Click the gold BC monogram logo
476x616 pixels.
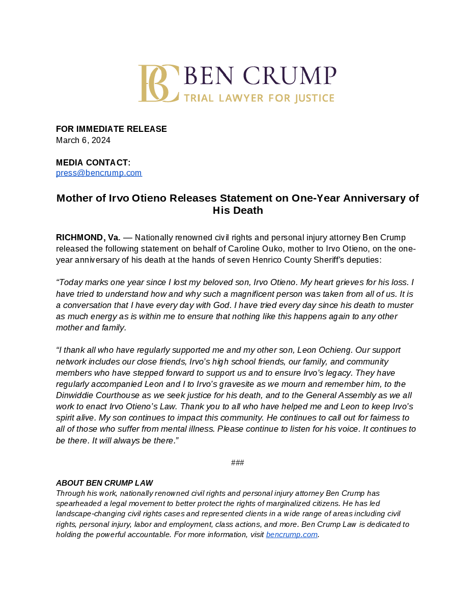(x=158, y=83)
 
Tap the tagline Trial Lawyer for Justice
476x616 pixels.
(x=259, y=98)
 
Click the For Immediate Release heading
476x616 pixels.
(x=111, y=129)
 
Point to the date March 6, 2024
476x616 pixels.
(x=83, y=141)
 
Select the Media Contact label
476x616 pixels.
(x=93, y=163)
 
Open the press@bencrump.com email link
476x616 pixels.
(x=99, y=173)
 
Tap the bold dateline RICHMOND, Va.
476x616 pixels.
(x=88, y=238)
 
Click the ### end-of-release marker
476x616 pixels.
(x=237, y=463)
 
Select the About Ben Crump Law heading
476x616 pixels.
(x=104, y=483)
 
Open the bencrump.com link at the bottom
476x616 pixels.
(x=292, y=535)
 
